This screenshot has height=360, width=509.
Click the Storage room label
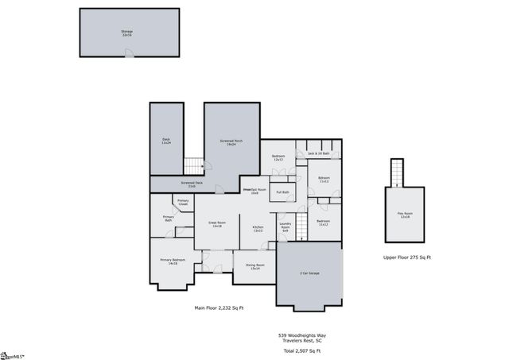point(127,32)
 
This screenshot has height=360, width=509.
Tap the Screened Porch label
point(231,142)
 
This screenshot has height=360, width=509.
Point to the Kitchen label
point(258,229)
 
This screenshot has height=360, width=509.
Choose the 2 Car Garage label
point(309,273)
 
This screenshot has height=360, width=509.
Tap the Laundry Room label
point(285,228)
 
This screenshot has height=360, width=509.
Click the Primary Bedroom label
point(173,261)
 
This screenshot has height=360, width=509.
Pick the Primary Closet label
point(183,203)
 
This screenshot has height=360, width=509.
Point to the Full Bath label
point(282,192)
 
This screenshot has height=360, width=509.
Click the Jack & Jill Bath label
point(318,153)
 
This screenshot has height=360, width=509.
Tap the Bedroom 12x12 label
point(278,157)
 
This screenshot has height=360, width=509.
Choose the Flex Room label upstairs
point(405,215)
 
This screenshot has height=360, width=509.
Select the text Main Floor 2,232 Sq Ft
point(219,308)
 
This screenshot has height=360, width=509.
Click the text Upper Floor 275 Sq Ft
point(406,257)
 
